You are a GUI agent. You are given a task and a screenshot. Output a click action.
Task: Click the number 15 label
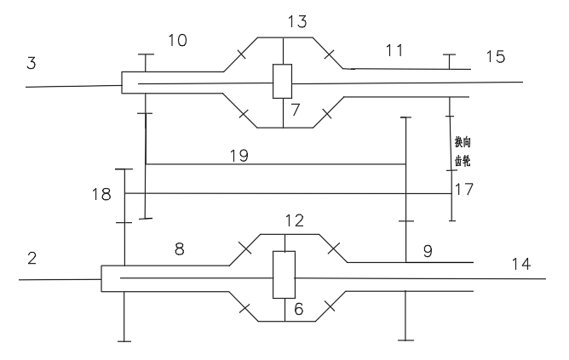[495, 57]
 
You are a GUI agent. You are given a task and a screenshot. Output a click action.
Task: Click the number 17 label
[464, 188]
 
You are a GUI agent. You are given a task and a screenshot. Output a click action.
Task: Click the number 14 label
[520, 265]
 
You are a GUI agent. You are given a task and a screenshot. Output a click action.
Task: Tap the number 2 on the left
[32, 259]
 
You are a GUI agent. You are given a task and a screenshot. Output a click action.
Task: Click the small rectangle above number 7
[282, 83]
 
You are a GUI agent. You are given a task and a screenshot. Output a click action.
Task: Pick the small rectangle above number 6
[283, 275]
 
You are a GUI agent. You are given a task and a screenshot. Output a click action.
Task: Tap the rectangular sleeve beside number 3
[132, 83]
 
